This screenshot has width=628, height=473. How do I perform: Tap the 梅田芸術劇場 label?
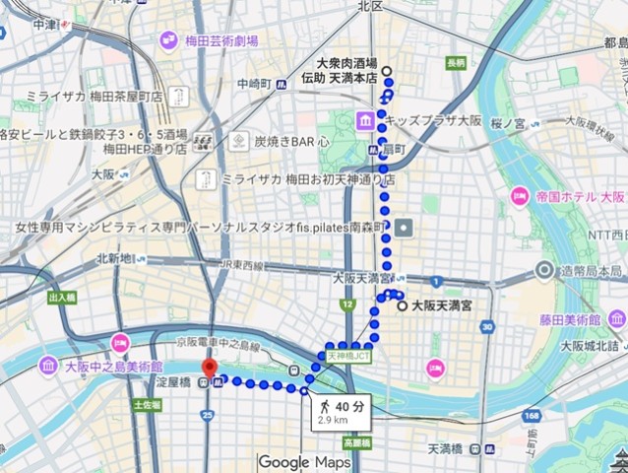pos(221,41)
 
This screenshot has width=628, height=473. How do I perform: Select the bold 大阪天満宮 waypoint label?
pos(441,306)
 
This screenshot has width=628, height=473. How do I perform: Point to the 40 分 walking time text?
pos(348,405)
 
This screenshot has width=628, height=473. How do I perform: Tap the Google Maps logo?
pos(311,461)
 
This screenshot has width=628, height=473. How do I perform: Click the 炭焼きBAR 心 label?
pos(292,141)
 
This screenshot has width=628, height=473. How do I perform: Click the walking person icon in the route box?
pos(322,405)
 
